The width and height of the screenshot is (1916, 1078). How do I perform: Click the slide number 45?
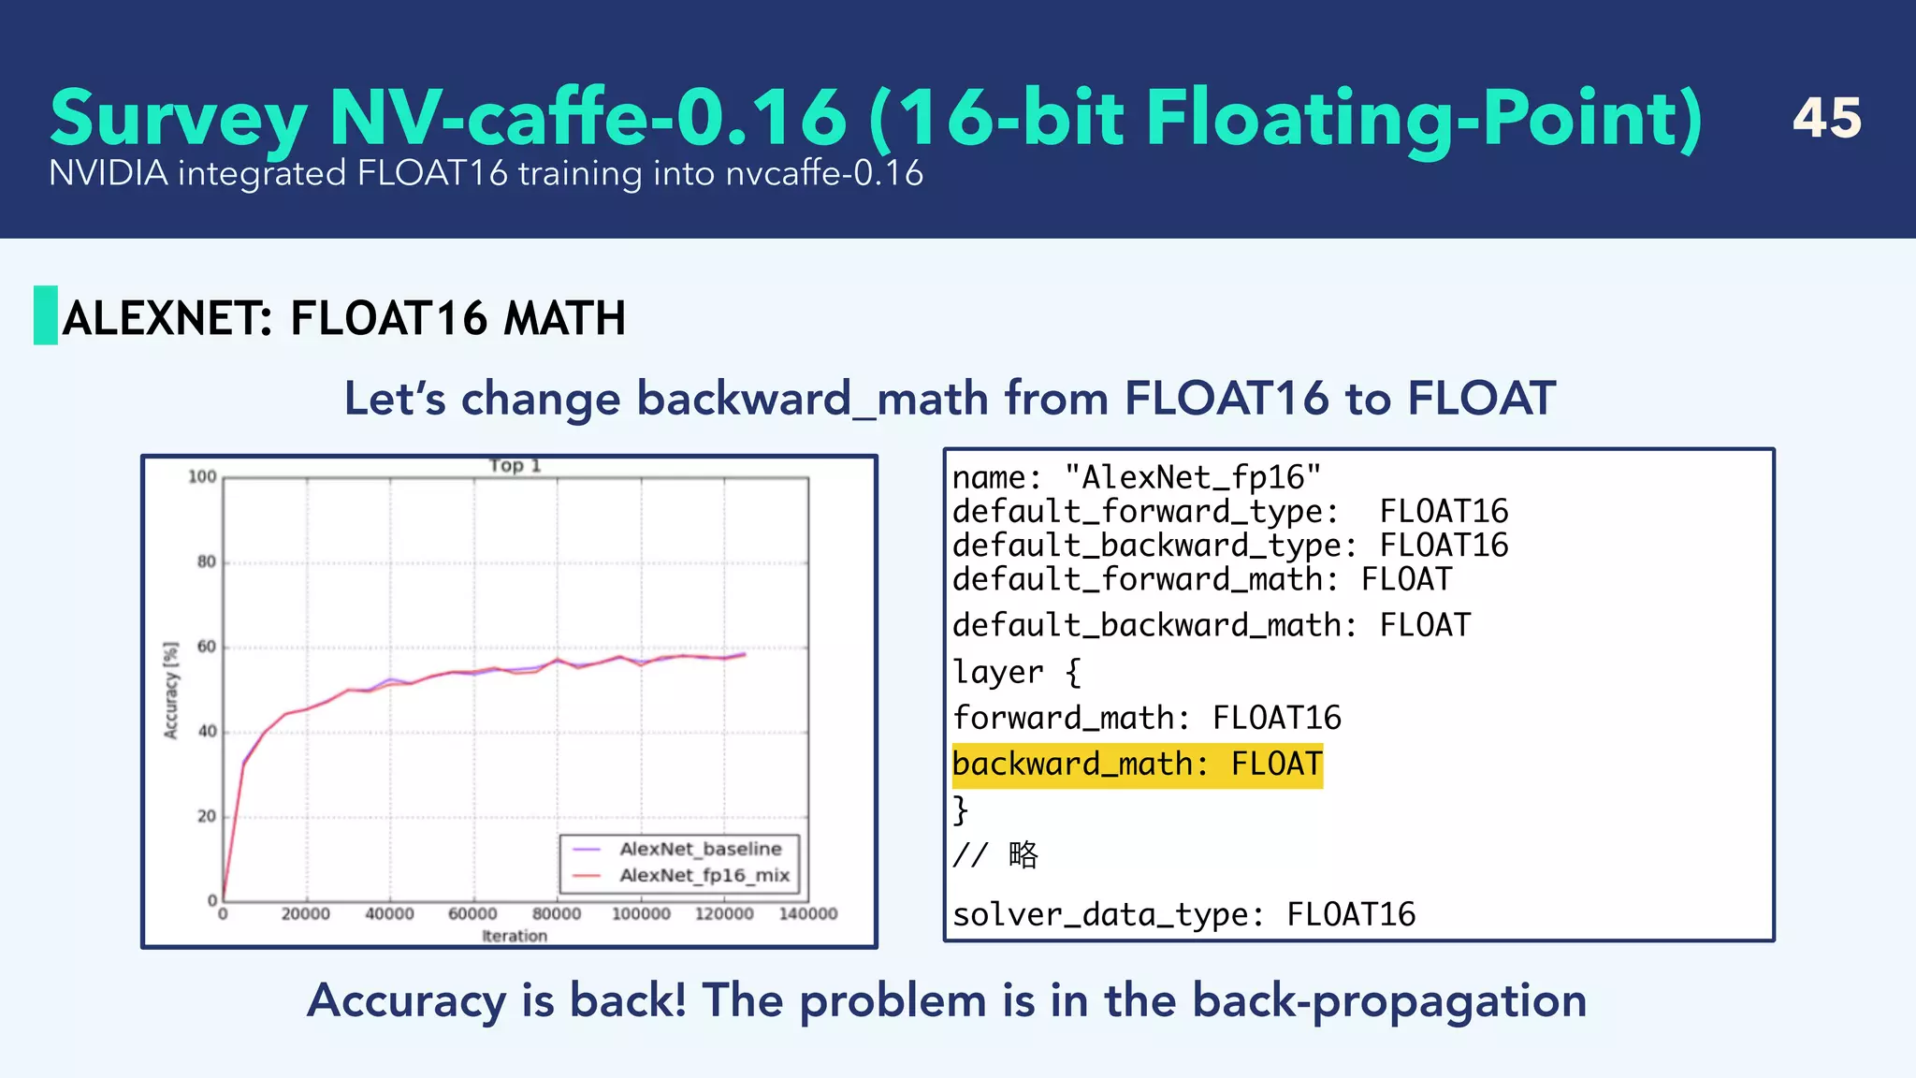(1826, 119)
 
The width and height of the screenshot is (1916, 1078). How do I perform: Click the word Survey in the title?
(178, 119)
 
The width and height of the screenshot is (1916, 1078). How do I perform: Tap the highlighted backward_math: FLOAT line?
(1137, 765)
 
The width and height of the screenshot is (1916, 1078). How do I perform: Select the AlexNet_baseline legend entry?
(700, 849)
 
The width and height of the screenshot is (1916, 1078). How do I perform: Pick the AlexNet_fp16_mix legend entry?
(704, 876)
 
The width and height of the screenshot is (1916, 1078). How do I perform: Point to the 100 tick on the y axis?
(202, 477)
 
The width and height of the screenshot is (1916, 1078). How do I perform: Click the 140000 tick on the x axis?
(808, 914)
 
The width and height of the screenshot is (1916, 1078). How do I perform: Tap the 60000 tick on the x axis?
(472, 914)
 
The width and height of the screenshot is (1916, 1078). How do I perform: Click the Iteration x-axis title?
(515, 936)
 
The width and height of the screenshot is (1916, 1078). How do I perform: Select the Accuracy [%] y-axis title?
(170, 691)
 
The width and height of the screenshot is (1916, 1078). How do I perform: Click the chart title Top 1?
(515, 465)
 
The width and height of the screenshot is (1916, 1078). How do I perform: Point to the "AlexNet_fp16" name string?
(1193, 478)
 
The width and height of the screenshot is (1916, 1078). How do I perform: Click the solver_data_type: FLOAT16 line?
(1183, 914)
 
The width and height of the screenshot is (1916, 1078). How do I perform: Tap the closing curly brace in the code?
(960, 809)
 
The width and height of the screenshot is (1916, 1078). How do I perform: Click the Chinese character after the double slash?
(1023, 854)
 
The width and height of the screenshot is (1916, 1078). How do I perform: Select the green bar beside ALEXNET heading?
(46, 315)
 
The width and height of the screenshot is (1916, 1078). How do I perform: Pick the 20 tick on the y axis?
(206, 817)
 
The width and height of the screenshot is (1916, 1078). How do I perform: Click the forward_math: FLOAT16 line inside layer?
(1146, 719)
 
